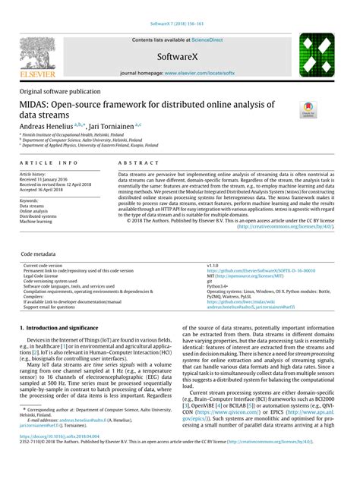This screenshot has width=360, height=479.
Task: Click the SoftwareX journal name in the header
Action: pyautogui.click(x=179, y=56)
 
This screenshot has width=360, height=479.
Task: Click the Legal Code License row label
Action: pyautogui.click(x=45, y=275)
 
